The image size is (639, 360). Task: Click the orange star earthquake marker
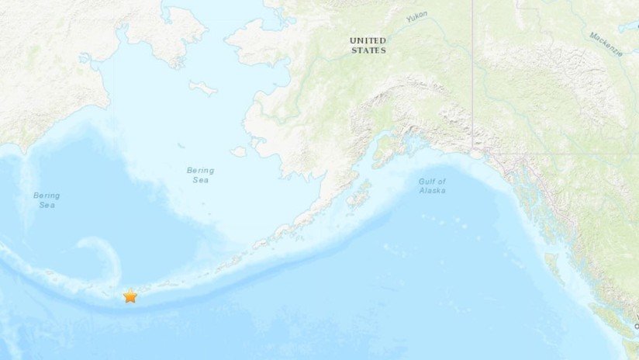(130, 296)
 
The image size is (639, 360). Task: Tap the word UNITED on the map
(367, 40)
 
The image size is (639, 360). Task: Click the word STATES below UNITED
(368, 50)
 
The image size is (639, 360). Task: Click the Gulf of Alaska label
(433, 185)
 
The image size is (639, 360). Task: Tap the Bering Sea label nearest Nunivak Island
(200, 175)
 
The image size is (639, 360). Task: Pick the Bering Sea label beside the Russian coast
(46, 200)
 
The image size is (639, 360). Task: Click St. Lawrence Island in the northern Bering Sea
(203, 88)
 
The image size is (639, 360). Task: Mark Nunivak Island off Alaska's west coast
(238, 151)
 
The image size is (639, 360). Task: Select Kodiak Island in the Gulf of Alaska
(358, 195)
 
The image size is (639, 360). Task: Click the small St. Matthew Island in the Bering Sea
(180, 145)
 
